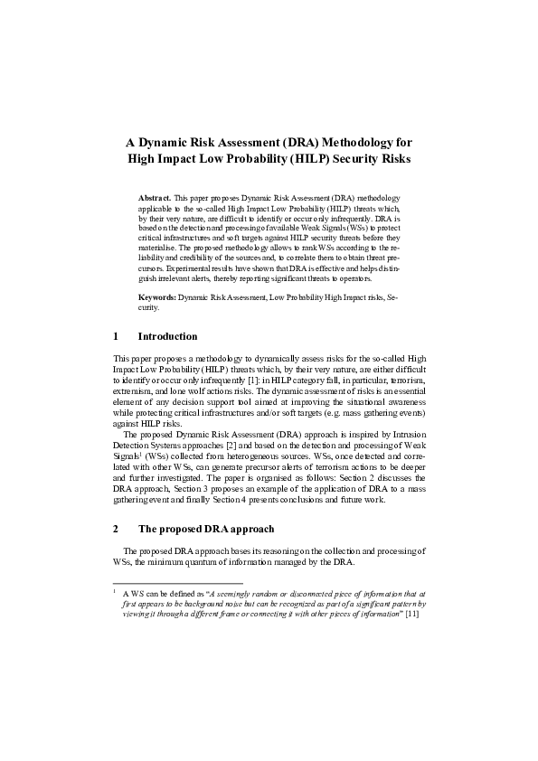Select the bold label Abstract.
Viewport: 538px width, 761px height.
pyautogui.click(x=154, y=197)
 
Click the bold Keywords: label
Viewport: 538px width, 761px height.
pyautogui.click(x=157, y=296)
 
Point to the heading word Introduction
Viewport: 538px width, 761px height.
pyautogui.click(x=167, y=336)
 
